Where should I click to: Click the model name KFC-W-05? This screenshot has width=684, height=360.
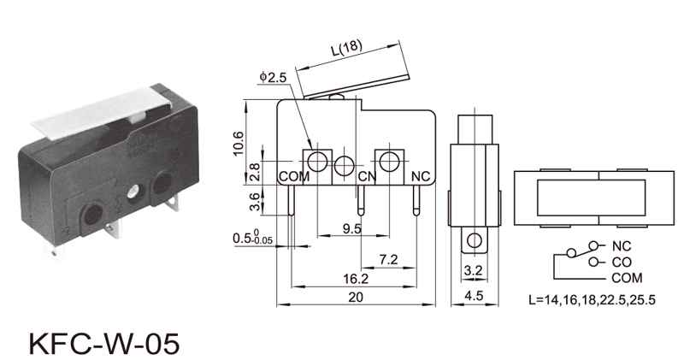[x=103, y=344]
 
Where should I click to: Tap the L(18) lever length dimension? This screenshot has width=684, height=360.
[x=347, y=48]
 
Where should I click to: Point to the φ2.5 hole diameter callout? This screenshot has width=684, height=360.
[x=273, y=77]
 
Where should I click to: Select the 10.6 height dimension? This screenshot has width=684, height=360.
[x=239, y=143]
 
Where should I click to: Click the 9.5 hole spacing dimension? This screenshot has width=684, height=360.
[x=352, y=228]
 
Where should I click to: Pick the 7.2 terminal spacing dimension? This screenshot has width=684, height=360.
[x=388, y=260]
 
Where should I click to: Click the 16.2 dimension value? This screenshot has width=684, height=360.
[x=356, y=279]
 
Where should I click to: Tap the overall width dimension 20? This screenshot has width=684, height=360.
[x=356, y=298]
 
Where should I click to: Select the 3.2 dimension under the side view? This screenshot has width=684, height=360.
[x=474, y=271]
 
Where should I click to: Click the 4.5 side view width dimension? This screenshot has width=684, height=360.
[x=474, y=296]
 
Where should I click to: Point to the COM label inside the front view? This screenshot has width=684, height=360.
[x=294, y=177]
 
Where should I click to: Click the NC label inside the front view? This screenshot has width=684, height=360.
[x=421, y=176]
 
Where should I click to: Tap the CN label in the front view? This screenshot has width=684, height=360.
[x=367, y=176]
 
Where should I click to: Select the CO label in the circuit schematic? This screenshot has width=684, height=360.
[x=622, y=263]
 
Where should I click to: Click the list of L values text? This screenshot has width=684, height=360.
[x=592, y=300]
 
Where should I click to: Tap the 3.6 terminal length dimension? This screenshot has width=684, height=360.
[x=255, y=202]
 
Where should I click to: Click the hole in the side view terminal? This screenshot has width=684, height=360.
[x=475, y=240]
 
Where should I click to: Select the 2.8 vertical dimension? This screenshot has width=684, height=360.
[x=255, y=172]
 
